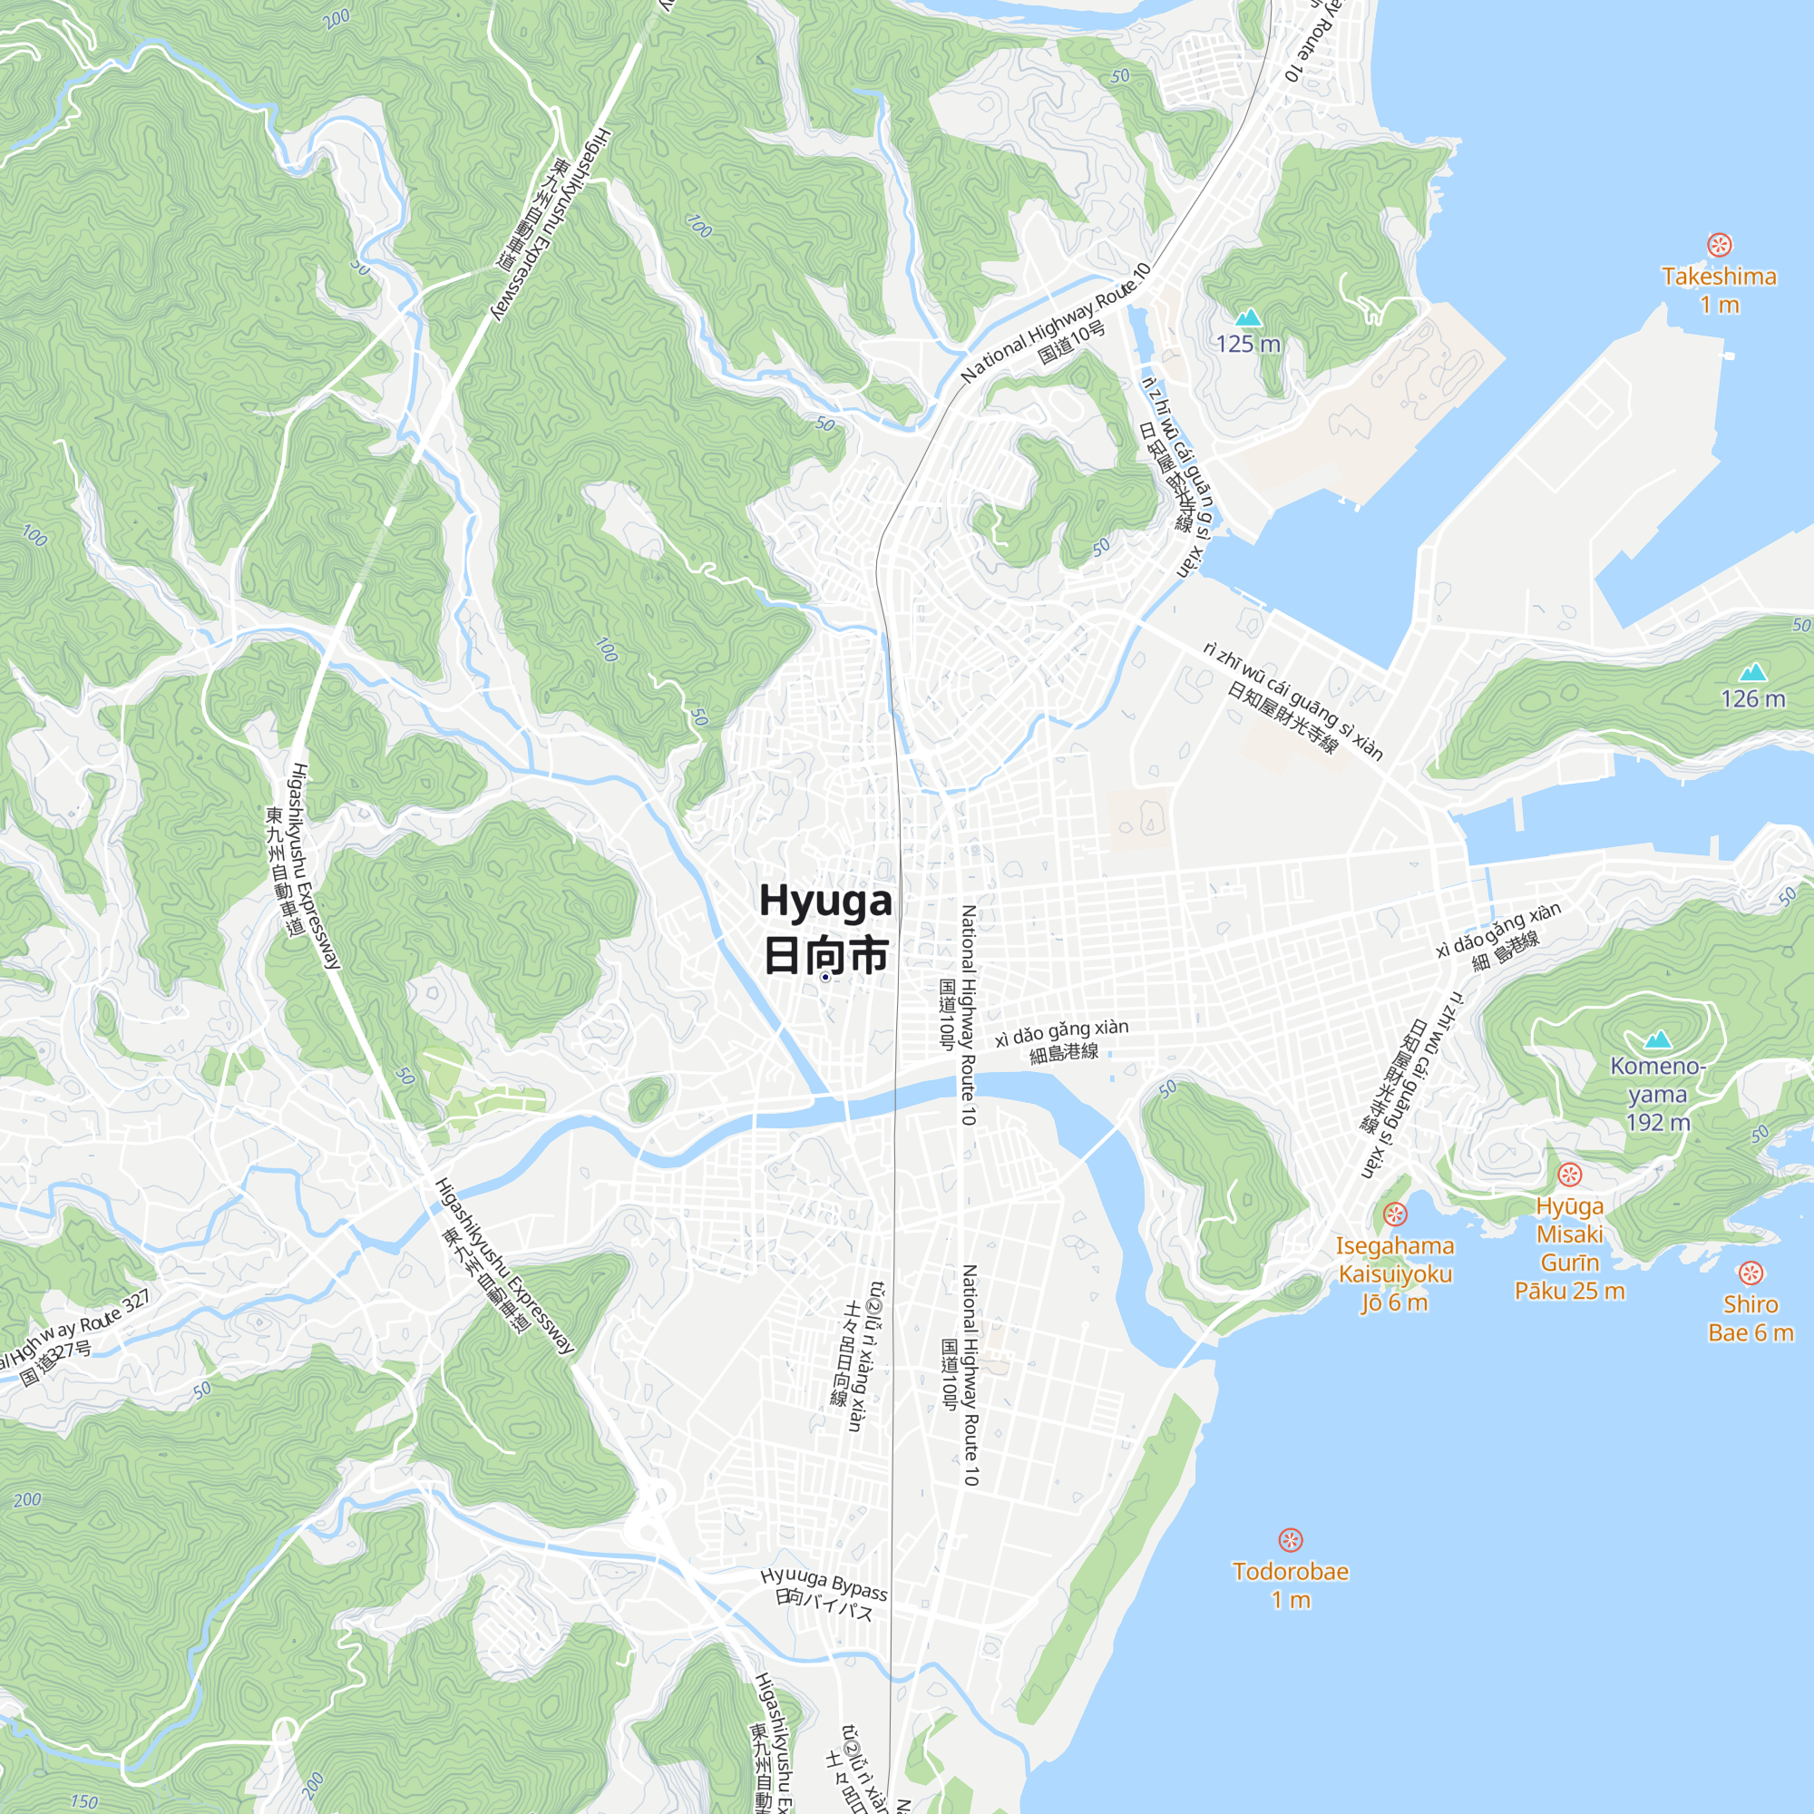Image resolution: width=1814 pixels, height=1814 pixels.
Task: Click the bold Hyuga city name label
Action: point(825,900)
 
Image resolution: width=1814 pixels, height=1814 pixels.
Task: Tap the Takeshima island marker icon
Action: point(1719,245)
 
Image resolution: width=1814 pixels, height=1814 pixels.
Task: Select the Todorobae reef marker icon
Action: point(1290,1540)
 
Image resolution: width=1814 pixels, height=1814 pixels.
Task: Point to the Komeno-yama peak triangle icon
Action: point(1658,1039)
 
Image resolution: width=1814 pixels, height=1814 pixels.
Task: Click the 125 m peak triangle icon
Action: point(1248,317)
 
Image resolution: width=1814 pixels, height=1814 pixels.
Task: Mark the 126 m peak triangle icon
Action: point(1753,671)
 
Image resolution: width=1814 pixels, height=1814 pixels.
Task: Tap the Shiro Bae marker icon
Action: point(1751,1273)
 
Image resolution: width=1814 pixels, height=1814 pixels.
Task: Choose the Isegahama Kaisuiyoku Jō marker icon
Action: point(1395,1214)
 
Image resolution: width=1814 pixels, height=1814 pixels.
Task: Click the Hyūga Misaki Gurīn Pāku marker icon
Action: point(1570,1175)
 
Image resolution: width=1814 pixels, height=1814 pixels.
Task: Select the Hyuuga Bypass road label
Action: point(824,1582)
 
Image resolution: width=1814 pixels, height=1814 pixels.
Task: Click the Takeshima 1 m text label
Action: point(1719,290)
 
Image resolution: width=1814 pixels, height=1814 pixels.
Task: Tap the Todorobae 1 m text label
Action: point(1290,1585)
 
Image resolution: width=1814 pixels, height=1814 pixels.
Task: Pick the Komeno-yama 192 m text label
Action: point(1658,1094)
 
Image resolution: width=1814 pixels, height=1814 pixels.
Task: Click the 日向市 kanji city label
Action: point(825,956)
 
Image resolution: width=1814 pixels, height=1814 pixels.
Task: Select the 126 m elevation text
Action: point(1753,698)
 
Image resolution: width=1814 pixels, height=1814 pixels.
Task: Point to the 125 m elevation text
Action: point(1248,344)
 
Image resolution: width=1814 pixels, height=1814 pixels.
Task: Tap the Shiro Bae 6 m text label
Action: point(1751,1318)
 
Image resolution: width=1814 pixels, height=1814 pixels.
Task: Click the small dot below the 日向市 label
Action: point(825,978)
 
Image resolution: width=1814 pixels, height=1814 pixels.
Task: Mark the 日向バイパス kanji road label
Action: point(824,1604)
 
